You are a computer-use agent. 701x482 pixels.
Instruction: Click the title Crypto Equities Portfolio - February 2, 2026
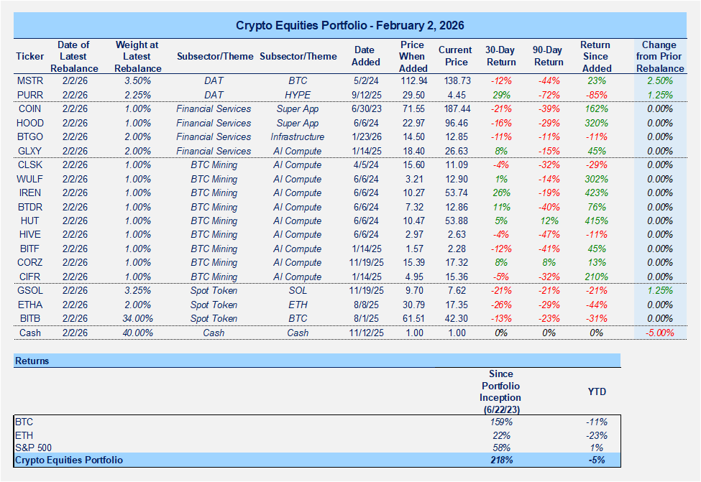[x=350, y=25]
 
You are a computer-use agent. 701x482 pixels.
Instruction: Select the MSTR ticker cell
[x=29, y=81]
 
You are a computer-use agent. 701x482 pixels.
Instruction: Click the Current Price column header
[x=454, y=57]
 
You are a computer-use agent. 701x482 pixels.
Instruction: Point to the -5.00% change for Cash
[x=659, y=333]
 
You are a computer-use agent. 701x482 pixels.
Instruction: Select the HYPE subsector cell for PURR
[x=298, y=95]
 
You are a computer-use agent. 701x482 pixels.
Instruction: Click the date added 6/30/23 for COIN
[x=363, y=109]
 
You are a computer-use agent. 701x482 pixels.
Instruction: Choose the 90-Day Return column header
[x=548, y=57]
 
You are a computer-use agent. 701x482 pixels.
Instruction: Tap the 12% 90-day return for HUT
[x=548, y=221]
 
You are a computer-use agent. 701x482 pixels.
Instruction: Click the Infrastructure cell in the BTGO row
[x=298, y=137]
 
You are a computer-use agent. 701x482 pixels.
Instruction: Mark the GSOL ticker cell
[x=29, y=291]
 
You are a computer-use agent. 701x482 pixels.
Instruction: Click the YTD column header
[x=597, y=392]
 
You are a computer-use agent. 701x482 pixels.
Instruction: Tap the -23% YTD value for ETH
[x=597, y=435]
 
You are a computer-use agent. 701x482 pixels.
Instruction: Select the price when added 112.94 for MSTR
[x=413, y=81]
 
